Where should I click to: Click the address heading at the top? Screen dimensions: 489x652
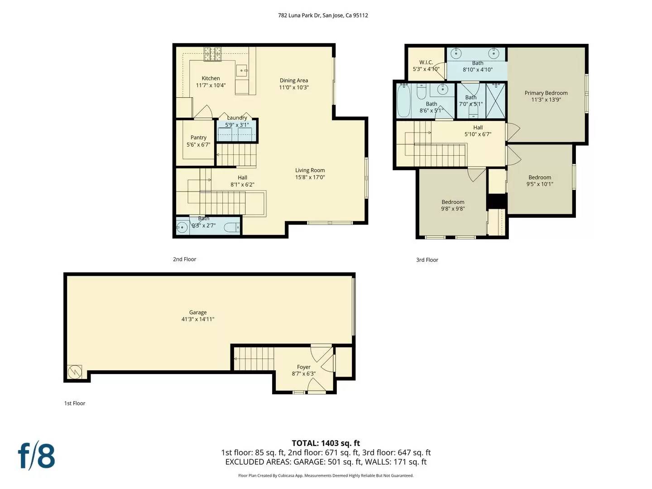(323, 15)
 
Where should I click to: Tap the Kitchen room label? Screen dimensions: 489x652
(211, 78)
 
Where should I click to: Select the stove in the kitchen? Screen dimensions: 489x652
(212, 54)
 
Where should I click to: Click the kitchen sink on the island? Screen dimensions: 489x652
(243, 70)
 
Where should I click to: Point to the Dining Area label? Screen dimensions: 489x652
(293, 81)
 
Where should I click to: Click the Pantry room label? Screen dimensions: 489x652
(198, 138)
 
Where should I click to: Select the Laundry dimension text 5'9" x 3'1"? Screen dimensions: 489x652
(237, 125)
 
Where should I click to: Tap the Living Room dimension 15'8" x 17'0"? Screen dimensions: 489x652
(310, 177)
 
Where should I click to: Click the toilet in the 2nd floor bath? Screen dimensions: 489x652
(232, 228)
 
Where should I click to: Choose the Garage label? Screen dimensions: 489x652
(198, 312)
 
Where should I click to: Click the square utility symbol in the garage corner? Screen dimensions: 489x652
(75, 372)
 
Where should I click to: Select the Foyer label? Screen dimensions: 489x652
(304, 367)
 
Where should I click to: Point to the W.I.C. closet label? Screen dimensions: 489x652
(426, 62)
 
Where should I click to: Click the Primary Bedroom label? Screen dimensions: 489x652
(546, 93)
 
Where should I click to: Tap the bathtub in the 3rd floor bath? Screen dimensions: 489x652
(403, 101)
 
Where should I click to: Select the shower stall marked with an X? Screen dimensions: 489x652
(495, 101)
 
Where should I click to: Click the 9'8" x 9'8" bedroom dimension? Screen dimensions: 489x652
(453, 209)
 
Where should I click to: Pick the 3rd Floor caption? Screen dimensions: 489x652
(427, 260)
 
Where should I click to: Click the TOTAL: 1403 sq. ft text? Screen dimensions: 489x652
(326, 443)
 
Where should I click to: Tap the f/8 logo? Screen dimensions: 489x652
(37, 456)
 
